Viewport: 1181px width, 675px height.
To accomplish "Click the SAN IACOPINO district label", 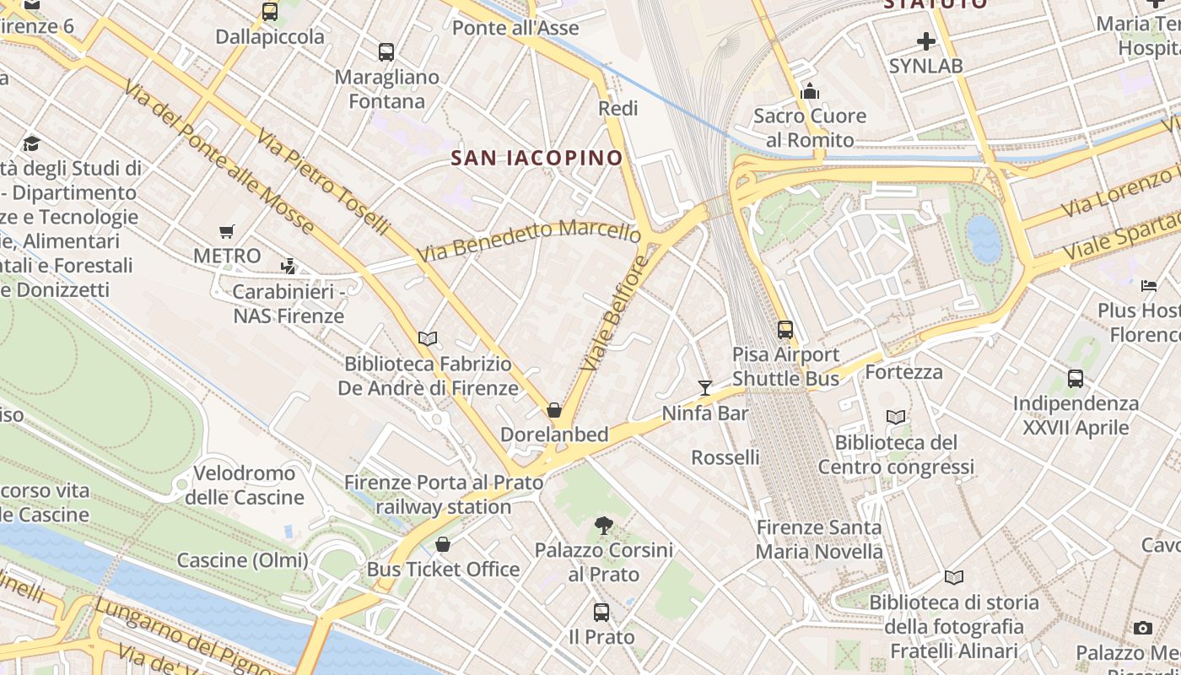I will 537,158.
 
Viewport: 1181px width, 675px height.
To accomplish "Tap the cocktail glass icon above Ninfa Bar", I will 705,387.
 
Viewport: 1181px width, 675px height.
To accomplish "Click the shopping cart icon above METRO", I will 226,231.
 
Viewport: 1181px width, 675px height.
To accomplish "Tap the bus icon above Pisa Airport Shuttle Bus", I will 785,329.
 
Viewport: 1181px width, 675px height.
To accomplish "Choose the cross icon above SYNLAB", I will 926,40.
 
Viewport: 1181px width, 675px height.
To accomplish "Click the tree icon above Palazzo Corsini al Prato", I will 603,526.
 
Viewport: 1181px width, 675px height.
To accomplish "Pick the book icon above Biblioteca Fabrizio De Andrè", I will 428,338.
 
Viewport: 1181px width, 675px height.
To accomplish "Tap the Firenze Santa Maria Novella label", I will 819,540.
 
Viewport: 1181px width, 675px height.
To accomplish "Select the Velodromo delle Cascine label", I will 244,484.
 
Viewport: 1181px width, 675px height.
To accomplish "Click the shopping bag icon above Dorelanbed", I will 554,410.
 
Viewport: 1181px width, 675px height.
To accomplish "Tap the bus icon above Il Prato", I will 601,612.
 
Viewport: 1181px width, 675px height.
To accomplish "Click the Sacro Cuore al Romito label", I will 810,127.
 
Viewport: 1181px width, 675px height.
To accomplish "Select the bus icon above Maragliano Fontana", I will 386,51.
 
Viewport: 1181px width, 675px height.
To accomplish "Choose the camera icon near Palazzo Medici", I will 1143,628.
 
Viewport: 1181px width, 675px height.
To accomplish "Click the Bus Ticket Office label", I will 443,570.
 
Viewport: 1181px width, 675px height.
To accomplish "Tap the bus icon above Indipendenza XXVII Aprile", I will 1076,378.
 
